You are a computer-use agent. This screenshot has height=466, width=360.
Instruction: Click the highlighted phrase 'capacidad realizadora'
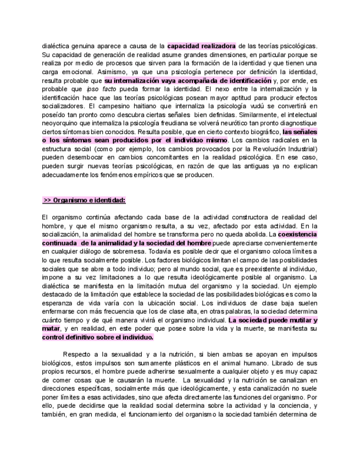[x=202, y=46]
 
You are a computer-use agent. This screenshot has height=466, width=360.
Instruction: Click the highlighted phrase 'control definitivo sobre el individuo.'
[x=97, y=337]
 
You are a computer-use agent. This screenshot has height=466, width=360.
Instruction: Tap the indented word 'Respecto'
[x=79, y=354]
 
